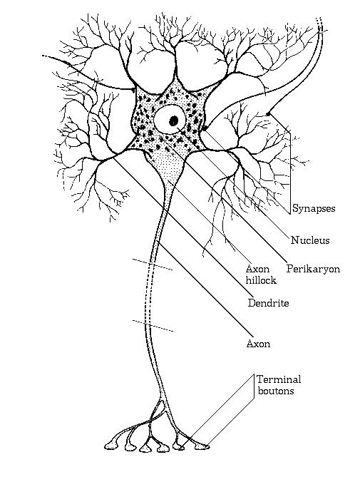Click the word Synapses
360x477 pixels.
314,209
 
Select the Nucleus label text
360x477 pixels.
310,240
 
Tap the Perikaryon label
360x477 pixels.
313,270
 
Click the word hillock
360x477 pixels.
261,280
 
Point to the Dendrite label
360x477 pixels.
268,303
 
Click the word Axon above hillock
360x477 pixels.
257,269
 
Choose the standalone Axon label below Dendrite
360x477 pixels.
258,344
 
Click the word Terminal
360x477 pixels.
279,379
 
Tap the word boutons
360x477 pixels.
276,391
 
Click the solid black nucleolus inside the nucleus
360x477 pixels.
174,120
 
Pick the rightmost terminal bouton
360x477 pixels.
202,446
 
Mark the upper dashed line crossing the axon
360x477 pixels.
153,265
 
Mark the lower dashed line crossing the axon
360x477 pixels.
153,326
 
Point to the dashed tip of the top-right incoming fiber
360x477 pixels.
319,24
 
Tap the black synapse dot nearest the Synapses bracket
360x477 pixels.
268,114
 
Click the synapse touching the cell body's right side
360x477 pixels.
205,128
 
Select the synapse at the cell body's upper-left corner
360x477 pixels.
133,90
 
